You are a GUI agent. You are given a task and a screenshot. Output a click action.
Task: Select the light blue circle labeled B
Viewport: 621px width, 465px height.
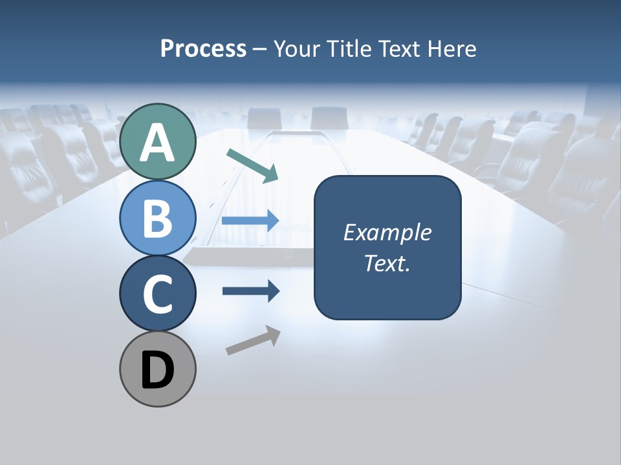pyautogui.click(x=158, y=218)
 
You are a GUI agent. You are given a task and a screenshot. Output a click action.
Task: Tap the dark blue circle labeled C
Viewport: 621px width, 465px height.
pyautogui.click(x=158, y=293)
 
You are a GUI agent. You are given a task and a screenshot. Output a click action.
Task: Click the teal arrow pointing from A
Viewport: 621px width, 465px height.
pyautogui.click(x=252, y=165)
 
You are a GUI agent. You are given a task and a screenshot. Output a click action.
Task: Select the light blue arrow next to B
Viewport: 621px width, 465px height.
pyautogui.click(x=250, y=221)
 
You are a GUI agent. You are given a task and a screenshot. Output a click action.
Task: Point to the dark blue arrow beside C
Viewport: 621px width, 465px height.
pyautogui.click(x=251, y=291)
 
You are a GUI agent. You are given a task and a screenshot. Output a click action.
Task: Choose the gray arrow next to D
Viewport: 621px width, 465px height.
pyautogui.click(x=253, y=340)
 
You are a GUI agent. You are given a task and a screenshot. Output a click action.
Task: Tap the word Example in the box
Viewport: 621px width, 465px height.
pyautogui.click(x=387, y=232)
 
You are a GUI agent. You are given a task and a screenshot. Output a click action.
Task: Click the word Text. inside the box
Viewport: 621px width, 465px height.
pyautogui.click(x=387, y=263)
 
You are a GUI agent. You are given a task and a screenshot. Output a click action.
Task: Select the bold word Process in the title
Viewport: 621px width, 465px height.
pyautogui.click(x=203, y=48)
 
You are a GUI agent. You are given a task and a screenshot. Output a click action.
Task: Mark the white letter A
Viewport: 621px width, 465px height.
pyautogui.click(x=158, y=143)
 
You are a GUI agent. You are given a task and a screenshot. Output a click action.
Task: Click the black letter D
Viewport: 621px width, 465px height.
pyautogui.click(x=158, y=371)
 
